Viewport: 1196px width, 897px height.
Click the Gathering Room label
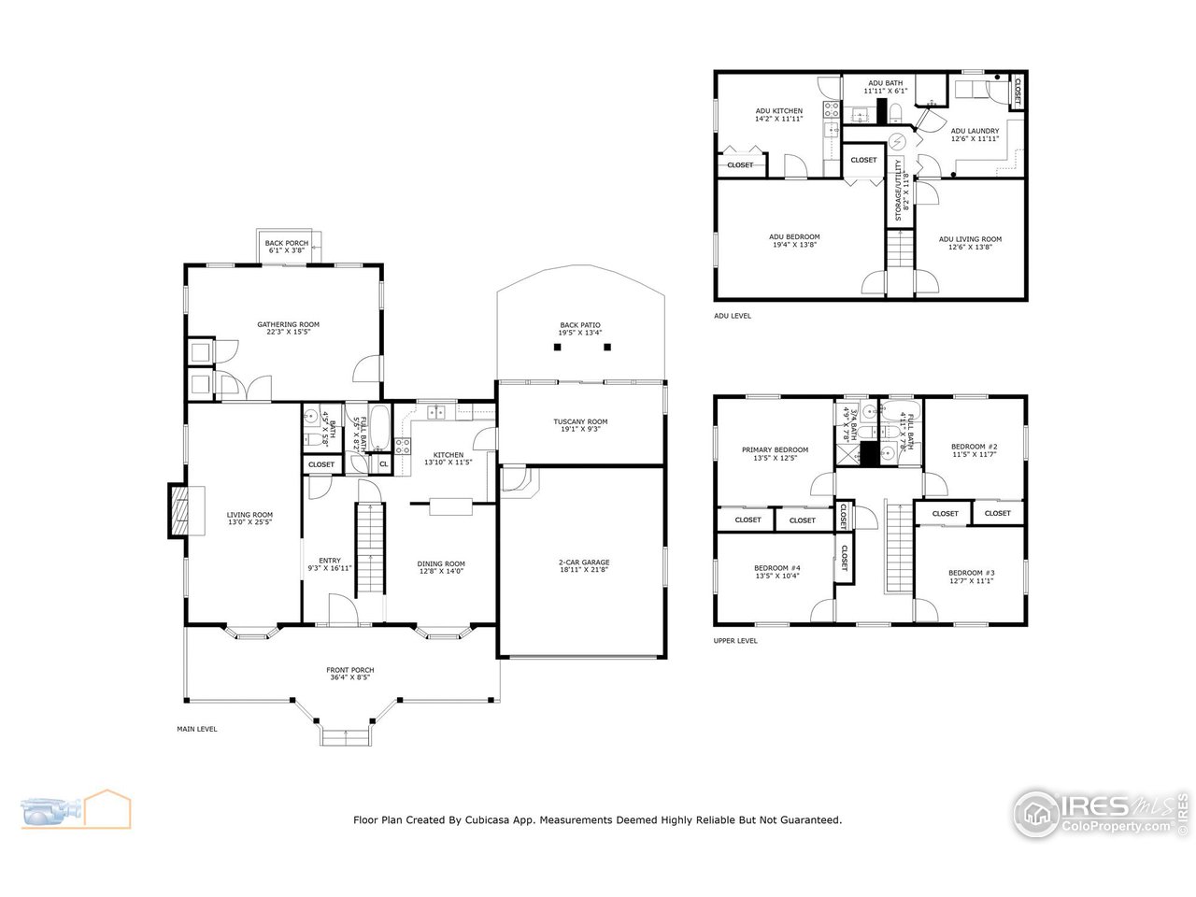pos(288,324)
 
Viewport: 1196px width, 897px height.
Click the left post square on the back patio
pos(557,347)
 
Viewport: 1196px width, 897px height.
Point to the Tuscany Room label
pos(580,421)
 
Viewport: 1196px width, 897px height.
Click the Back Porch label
pos(286,243)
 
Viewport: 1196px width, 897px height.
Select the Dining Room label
pos(440,563)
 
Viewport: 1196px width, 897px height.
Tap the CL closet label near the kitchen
pos(383,464)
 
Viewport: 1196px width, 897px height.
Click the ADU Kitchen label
pos(778,111)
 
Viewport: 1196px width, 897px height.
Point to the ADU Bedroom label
pos(795,236)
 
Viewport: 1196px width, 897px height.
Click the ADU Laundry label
pos(975,131)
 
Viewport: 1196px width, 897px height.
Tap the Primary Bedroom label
pos(775,449)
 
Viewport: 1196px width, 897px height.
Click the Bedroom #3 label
pos(971,573)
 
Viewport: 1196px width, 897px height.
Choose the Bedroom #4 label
pos(777,568)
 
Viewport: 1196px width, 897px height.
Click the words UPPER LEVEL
pos(735,641)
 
